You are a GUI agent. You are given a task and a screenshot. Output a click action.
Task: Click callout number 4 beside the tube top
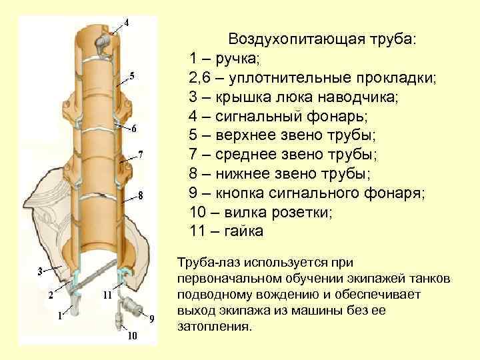coord(127,19)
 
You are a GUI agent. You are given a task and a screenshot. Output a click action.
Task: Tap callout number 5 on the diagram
coord(132,75)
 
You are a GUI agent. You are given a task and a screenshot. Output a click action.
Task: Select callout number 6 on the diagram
coord(134,128)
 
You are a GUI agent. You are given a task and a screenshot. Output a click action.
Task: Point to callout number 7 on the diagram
coord(140,155)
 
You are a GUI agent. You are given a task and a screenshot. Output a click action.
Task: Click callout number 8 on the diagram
coord(141,195)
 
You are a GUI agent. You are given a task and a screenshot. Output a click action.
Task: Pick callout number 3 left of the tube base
coord(40,271)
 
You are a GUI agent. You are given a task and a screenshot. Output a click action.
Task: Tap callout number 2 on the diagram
coord(51,293)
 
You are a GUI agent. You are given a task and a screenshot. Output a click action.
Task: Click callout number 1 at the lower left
coord(60,315)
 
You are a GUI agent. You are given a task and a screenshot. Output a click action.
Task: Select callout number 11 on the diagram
coord(107,294)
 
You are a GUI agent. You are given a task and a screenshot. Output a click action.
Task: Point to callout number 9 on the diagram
coord(151,318)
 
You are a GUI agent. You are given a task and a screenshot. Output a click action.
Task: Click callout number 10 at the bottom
coord(133,336)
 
